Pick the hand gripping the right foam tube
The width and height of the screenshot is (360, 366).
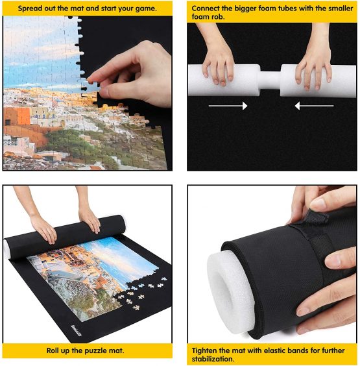315,65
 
